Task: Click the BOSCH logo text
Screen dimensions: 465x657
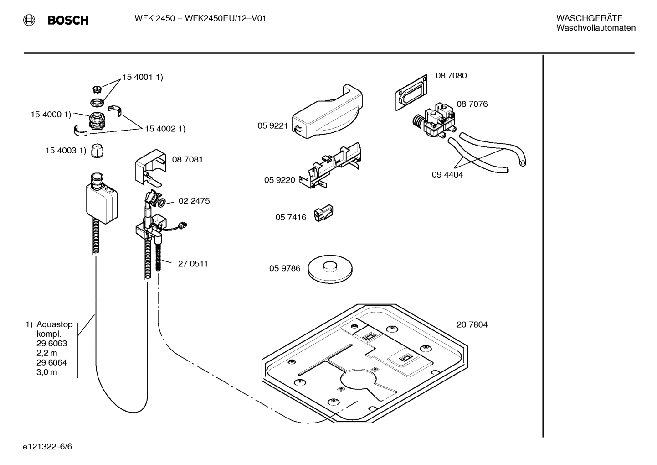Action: [67, 20]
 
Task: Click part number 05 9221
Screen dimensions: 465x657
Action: [272, 125]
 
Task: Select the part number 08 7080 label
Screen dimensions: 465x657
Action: [451, 76]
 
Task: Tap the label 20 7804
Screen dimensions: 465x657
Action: [472, 325]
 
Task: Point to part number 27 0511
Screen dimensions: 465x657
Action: [193, 264]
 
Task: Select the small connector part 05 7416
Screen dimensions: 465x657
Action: [323, 214]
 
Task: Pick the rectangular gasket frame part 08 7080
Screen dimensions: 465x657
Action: [411, 93]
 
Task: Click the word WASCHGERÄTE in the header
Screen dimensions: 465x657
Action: [589, 18]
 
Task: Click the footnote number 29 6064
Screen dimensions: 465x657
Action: [51, 363]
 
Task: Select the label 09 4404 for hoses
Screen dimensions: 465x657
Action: [447, 175]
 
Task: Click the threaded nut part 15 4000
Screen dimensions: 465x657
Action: [96, 121]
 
